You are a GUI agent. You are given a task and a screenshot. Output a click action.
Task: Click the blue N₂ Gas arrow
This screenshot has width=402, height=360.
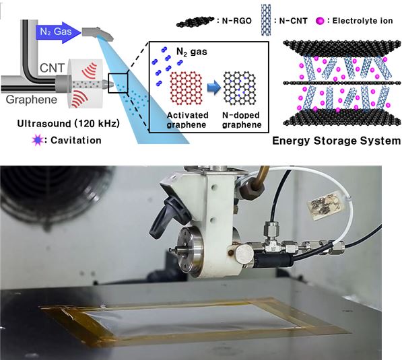pos(59,32)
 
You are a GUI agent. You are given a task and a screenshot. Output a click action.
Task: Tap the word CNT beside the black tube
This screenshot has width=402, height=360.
pos(52,68)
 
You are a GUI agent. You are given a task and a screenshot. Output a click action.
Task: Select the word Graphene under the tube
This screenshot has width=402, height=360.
pos(31,100)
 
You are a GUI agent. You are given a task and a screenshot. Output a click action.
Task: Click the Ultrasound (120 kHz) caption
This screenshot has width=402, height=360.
pos(68,124)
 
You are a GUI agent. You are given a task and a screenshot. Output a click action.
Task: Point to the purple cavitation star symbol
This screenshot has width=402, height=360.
pos(38,140)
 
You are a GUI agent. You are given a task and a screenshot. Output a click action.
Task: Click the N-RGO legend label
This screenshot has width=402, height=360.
pos(236,21)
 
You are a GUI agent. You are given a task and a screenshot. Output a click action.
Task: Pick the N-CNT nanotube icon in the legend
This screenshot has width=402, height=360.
pos(266,20)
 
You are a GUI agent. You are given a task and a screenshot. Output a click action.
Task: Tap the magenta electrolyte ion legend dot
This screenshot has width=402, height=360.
pos(320,21)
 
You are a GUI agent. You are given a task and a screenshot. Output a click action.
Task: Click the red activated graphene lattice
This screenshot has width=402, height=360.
pos(187,88)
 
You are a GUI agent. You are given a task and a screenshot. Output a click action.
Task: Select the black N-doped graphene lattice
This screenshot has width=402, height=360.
pos(240,88)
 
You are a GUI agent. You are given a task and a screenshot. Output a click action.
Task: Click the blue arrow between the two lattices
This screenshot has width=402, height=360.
pos(214,88)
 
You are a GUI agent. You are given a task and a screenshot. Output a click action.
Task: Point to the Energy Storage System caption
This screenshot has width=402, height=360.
pos(336,141)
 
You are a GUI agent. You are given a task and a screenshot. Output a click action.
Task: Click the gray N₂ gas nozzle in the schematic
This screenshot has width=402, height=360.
pos(98,34)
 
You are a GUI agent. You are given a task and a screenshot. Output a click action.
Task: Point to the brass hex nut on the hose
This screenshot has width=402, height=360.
pos(252,190)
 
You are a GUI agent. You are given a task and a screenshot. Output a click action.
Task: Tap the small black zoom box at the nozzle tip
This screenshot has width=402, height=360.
pos(118,83)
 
